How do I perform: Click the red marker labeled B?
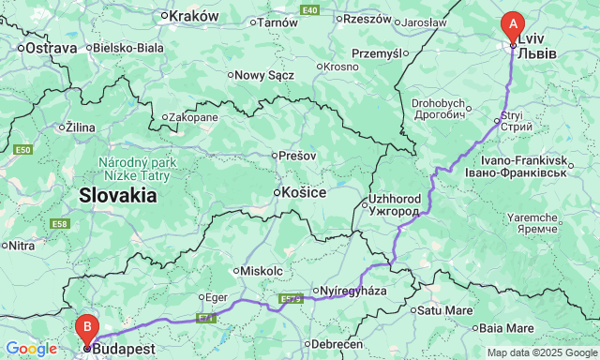pos(87,328)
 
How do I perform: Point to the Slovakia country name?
pos(117,195)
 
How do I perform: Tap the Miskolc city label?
pos(262,270)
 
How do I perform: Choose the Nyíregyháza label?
pos(361,291)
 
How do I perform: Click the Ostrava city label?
pos(50,47)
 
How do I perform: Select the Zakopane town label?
pos(193,117)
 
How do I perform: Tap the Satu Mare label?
pos(445,309)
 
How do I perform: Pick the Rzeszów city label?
pos(367,19)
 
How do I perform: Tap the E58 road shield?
pos(60,223)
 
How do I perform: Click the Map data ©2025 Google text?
pos(541,352)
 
